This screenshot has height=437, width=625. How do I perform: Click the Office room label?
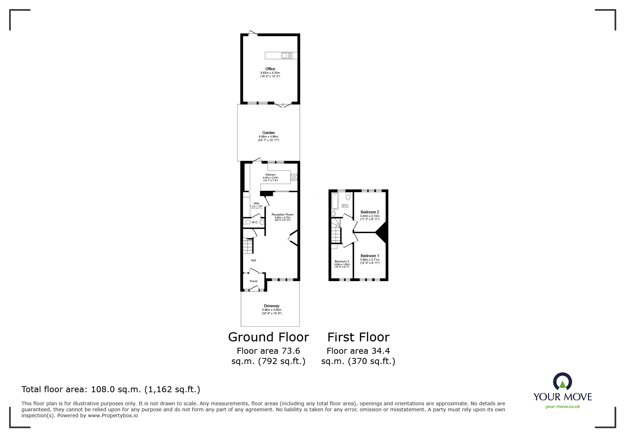point(270,69)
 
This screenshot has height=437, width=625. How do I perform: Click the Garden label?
point(268,133)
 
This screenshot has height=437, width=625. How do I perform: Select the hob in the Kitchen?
point(294,177)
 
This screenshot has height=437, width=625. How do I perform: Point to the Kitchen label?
point(270,175)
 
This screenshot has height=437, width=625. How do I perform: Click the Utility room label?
point(256,204)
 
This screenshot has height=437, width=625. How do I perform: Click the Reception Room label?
point(282,214)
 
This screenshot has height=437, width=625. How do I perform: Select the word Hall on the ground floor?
point(253,260)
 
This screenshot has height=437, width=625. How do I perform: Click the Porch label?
point(253,281)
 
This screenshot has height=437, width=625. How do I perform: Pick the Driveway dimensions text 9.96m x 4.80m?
point(271,310)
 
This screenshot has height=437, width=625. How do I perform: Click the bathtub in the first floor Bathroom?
point(335,201)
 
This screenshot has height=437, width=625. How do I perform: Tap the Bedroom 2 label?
point(369,212)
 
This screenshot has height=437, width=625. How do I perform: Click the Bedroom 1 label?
point(369,256)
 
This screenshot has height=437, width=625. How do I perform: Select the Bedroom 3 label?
point(342,261)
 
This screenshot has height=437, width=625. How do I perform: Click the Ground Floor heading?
point(268,337)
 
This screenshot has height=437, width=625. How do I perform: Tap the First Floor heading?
point(358,337)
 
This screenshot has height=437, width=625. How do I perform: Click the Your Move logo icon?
point(562,382)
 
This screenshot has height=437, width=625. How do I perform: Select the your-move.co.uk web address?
point(563,406)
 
